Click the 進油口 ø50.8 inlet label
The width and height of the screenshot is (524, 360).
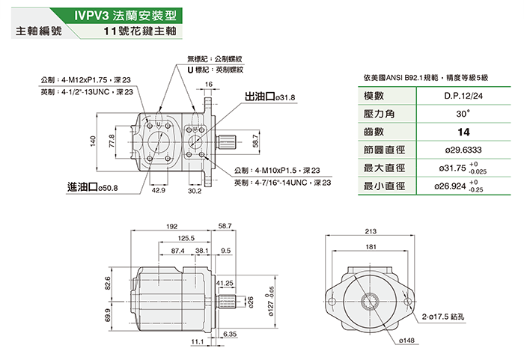tap(93, 187)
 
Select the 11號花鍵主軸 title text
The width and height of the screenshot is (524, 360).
tap(139, 32)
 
